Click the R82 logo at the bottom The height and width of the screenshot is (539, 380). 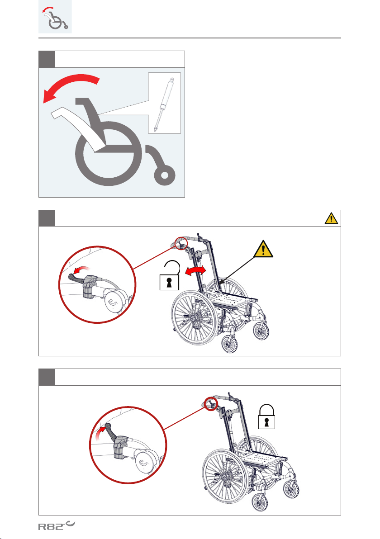pos(56,525)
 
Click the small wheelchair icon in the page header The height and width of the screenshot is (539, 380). pos(55,17)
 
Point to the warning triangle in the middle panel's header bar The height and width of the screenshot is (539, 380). pos(331,218)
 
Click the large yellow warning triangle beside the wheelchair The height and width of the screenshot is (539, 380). pos(263,249)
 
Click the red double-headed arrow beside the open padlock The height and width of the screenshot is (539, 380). pos(195,271)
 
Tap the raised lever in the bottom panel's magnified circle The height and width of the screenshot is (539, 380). pos(112,431)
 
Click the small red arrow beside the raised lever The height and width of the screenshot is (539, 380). pos(100,433)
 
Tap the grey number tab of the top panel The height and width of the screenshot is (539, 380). pos(47,60)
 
